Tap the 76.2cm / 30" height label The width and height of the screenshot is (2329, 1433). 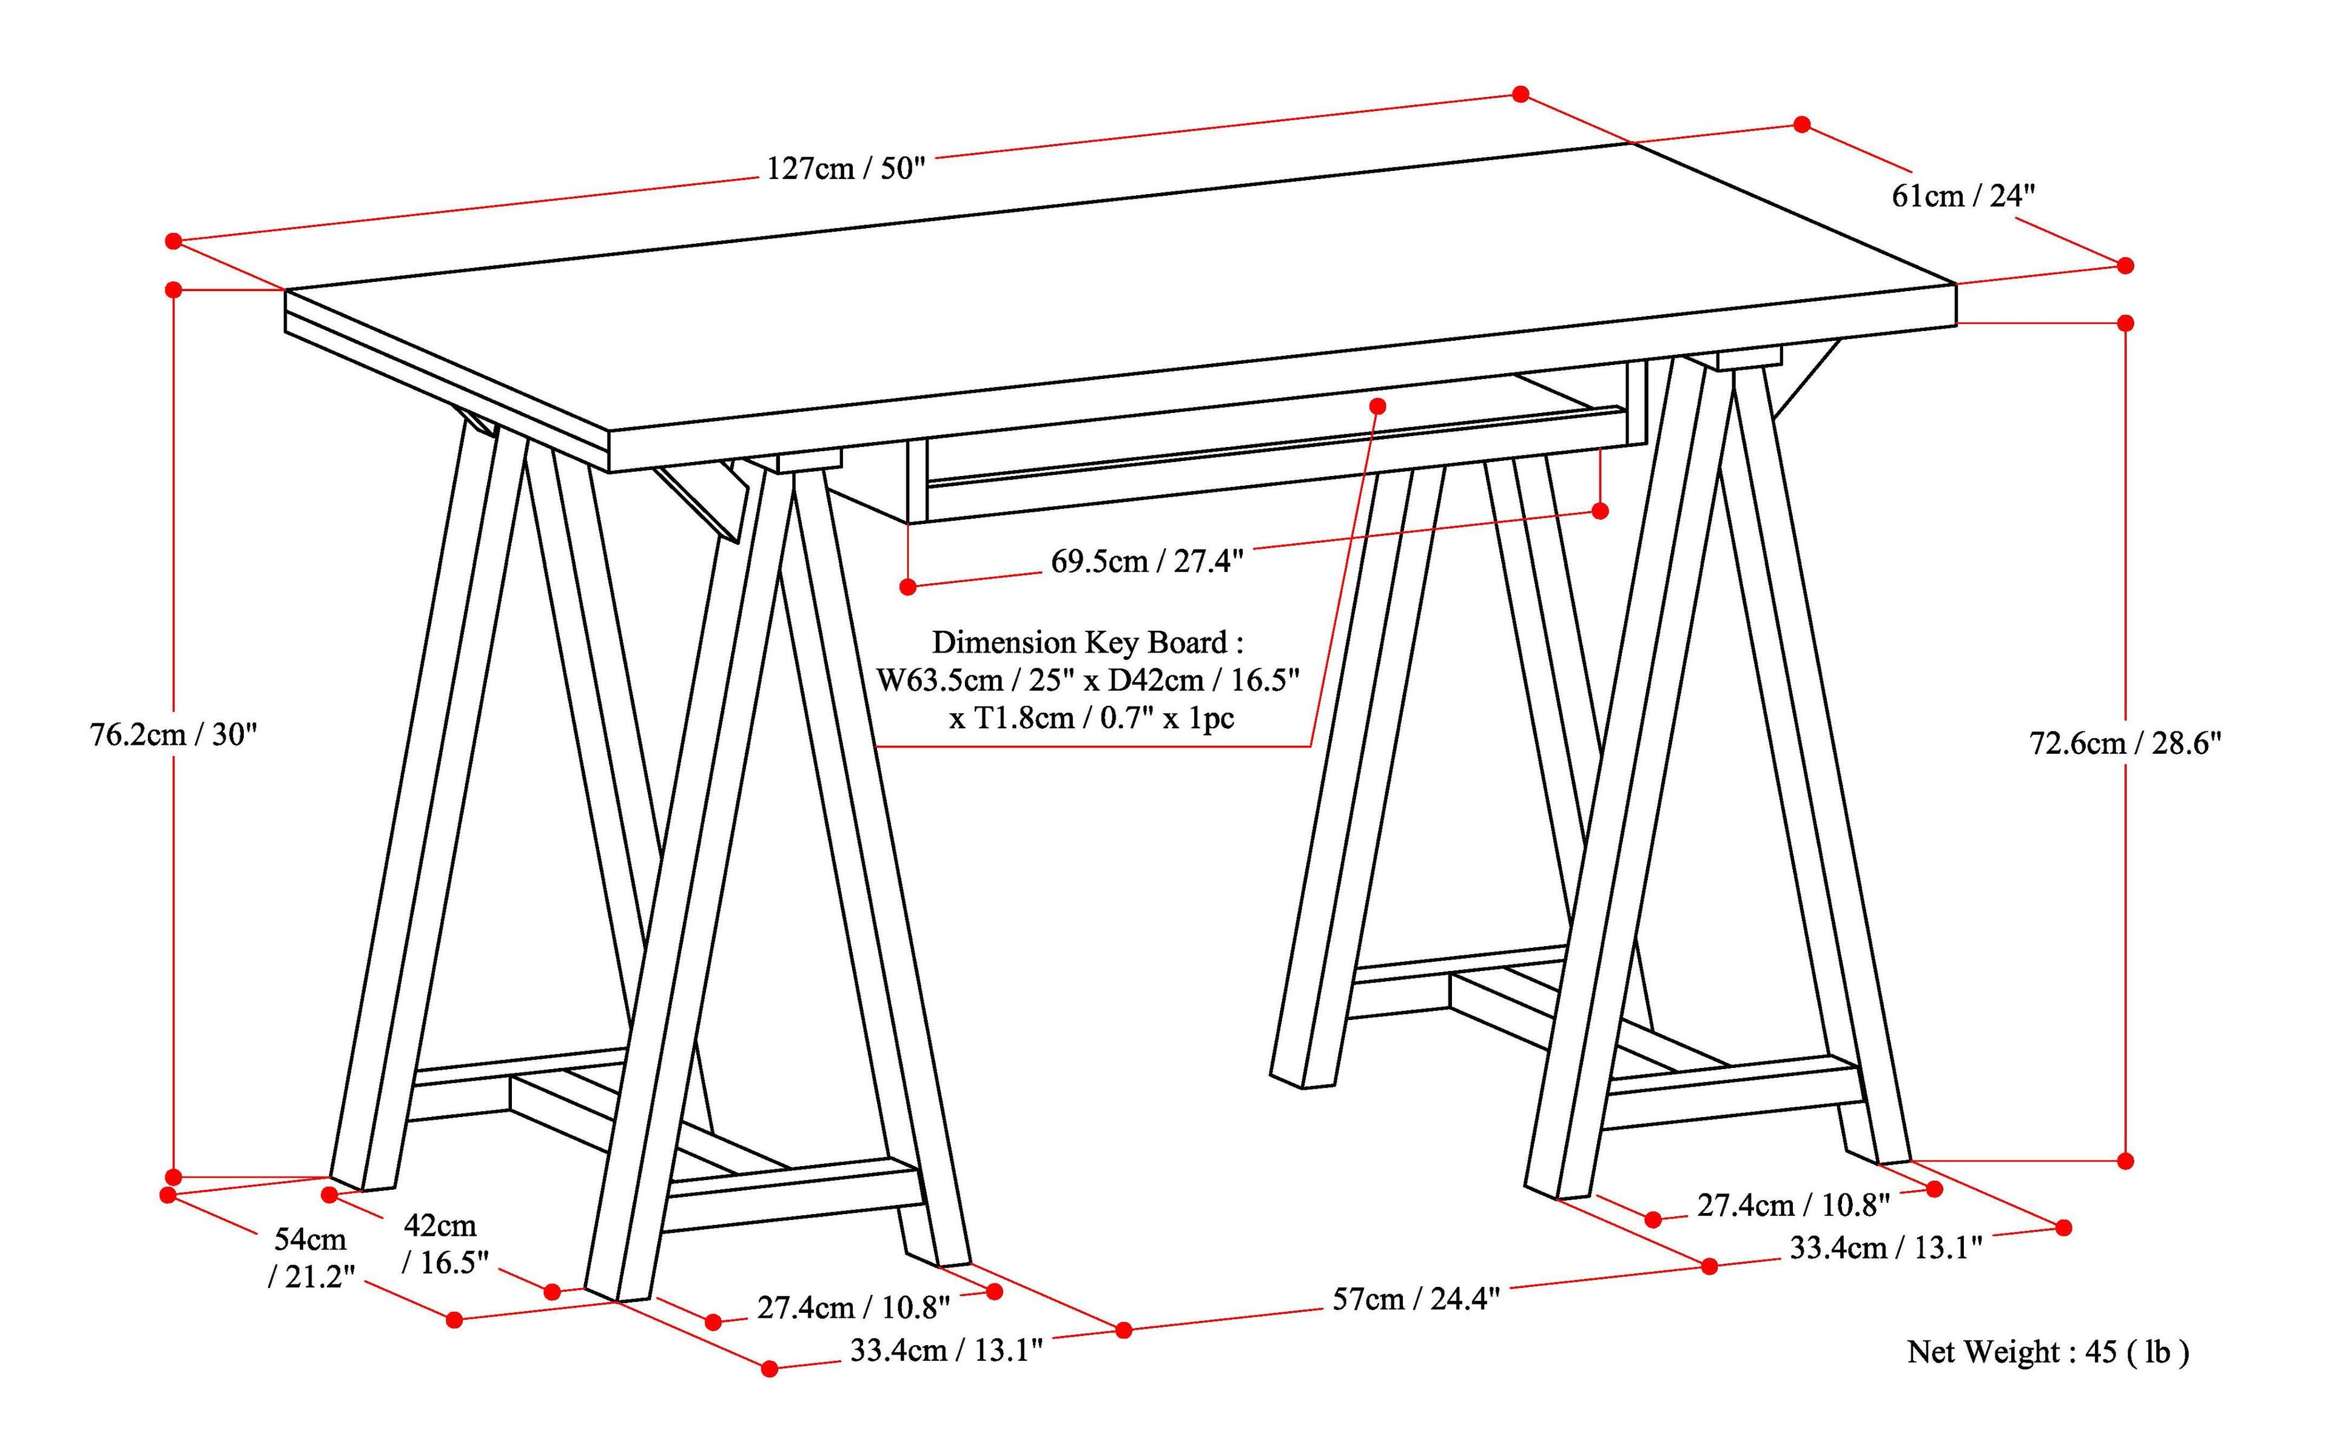pyautogui.click(x=173, y=734)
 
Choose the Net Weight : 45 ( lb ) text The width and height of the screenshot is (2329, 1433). pyautogui.click(x=2048, y=1352)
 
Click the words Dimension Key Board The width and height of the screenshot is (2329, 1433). pyautogui.click(x=1087, y=643)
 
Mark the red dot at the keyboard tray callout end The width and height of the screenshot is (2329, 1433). pyautogui.click(x=1378, y=406)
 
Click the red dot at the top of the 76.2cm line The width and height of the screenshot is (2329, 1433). pyautogui.click(x=173, y=290)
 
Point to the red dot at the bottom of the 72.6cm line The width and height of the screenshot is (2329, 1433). pyautogui.click(x=2125, y=1161)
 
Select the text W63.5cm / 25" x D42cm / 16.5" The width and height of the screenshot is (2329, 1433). pyautogui.click(x=1087, y=680)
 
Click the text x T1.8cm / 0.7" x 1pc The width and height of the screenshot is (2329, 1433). pyautogui.click(x=1092, y=719)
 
